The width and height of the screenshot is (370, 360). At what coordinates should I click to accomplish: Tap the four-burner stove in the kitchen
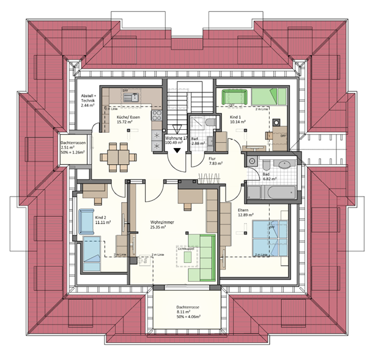[155, 115]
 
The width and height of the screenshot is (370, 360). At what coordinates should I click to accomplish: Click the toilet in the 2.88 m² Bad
[210, 124]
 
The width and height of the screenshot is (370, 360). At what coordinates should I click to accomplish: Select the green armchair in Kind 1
[232, 97]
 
